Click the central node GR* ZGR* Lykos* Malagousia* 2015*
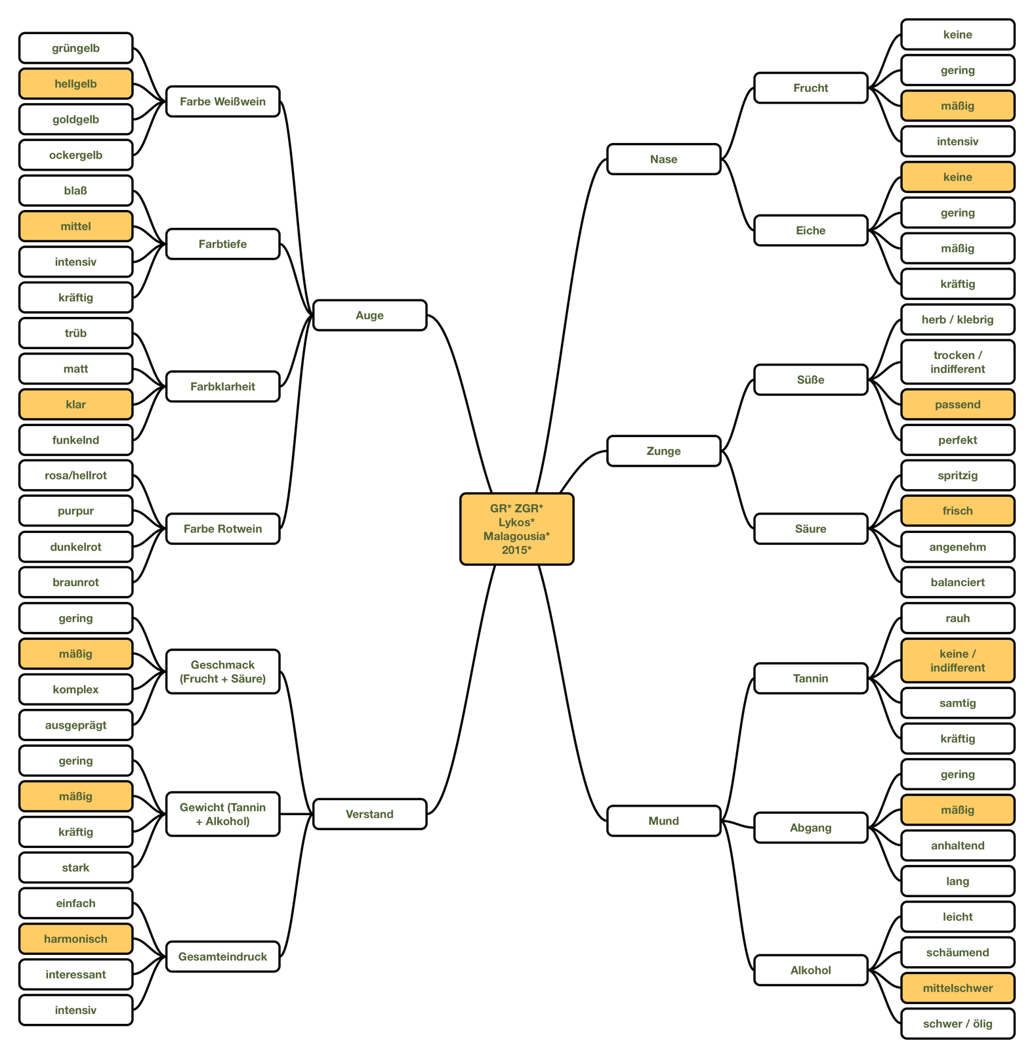[516, 528]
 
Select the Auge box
[369, 315]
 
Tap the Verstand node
[369, 814]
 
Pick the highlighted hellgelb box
[75, 83]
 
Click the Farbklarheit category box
[222, 386]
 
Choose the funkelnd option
[75, 440]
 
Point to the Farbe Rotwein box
[222, 528]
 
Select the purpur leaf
[75, 511]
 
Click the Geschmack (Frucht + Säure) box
[222, 671]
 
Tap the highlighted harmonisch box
[75, 939]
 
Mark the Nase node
[663, 159]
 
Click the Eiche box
[810, 230]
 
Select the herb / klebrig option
[957, 320]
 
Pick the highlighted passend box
[957, 404]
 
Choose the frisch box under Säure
[957, 511]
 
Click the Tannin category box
[810, 678]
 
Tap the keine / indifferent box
[957, 660]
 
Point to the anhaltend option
[957, 845]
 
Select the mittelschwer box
[957, 988]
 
